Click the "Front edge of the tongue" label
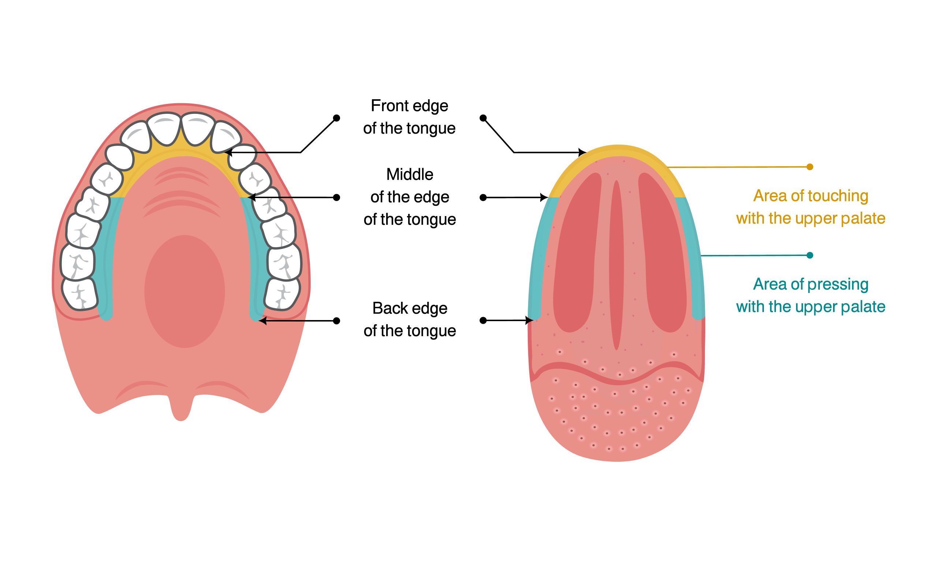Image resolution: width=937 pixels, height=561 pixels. click(x=409, y=117)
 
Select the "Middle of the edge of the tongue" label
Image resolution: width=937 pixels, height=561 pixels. click(x=410, y=197)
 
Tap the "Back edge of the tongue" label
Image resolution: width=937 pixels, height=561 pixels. click(x=410, y=319)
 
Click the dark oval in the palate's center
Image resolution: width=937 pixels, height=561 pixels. click(x=184, y=291)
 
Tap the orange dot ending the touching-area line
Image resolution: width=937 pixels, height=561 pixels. click(x=810, y=167)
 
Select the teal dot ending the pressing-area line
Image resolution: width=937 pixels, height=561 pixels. click(x=810, y=255)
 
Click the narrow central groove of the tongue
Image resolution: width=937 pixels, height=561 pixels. click(x=616, y=265)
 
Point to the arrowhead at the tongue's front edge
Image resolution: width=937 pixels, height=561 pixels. click(x=583, y=152)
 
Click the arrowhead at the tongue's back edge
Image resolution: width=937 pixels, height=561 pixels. click(x=529, y=320)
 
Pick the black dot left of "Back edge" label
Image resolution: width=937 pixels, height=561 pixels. click(x=336, y=321)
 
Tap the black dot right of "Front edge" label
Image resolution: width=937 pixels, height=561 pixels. click(x=483, y=118)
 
